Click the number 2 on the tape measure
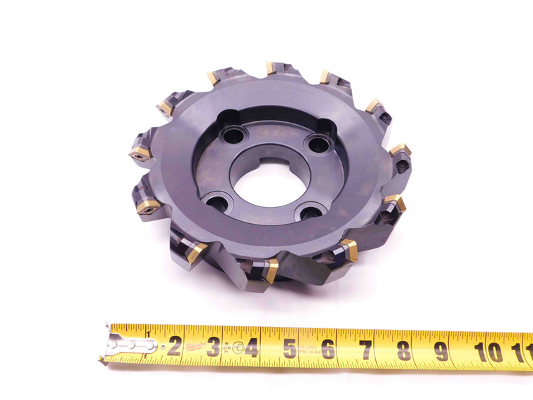(174, 345)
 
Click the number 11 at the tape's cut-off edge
(524, 350)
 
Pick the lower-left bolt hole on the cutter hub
(217, 204)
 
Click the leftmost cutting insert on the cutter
(138, 153)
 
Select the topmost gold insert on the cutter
(270, 68)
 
